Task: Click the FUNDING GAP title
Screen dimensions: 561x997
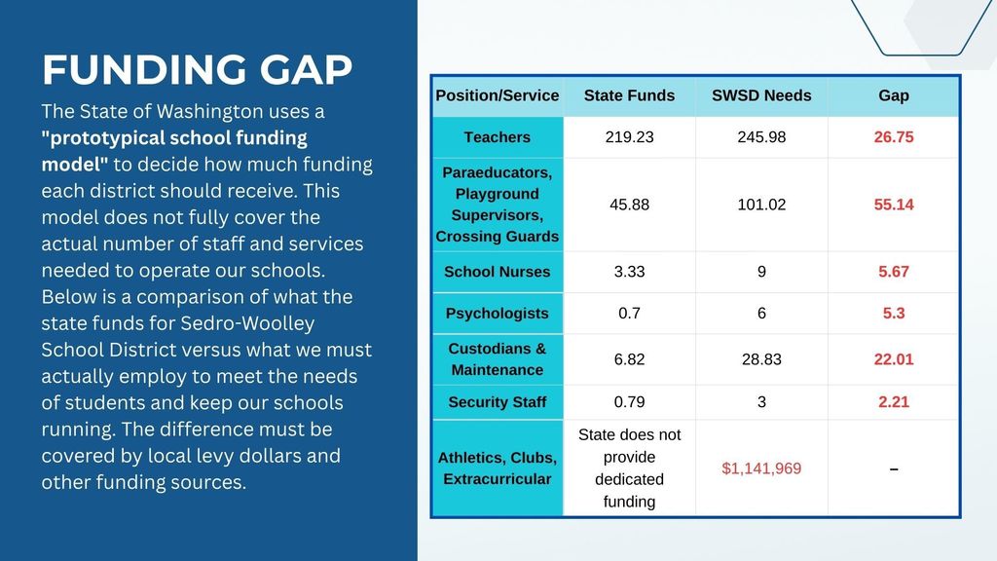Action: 197,70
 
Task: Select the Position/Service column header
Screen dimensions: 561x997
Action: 497,95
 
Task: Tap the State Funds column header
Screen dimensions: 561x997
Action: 629,95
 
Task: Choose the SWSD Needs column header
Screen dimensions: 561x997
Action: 761,95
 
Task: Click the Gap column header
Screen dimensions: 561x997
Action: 893,95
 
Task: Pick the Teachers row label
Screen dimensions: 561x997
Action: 497,137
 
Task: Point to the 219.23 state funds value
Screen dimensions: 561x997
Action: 629,137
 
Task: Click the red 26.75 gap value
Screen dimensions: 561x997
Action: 893,137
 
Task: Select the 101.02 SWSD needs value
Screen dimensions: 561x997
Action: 761,205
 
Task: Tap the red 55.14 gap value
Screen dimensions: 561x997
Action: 893,205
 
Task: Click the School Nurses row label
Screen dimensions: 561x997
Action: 497,272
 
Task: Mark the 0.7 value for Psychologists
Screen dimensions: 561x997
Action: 629,314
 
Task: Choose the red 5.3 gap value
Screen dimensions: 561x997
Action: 893,314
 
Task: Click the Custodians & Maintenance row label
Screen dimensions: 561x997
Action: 497,359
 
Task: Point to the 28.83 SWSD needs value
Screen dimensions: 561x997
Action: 761,359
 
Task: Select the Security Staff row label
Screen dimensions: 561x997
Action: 497,402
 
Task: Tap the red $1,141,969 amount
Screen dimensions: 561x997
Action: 761,468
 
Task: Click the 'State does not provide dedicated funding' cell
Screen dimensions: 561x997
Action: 629,468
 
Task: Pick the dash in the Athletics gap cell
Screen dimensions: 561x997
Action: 893,469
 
